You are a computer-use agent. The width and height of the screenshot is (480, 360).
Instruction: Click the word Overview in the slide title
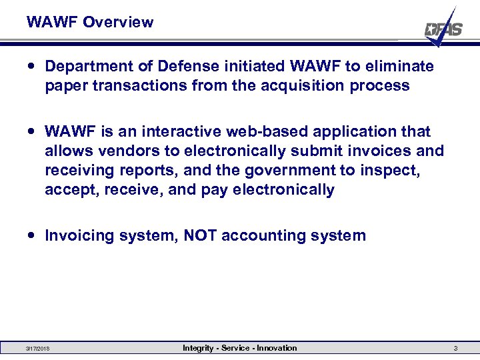tap(118, 22)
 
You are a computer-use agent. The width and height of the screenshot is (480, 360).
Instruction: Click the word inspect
tap(391, 170)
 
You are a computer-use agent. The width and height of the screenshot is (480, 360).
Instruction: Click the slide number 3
tap(455, 349)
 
